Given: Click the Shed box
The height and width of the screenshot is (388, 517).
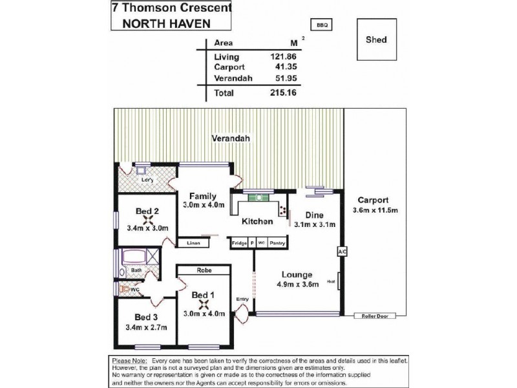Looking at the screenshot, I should click(x=377, y=40).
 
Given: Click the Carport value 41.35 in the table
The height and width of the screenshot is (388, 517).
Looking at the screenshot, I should click(x=285, y=67).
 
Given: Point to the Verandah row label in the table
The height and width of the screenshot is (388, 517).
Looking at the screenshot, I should click(x=233, y=78).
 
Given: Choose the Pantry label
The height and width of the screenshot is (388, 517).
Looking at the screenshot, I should click(x=277, y=242).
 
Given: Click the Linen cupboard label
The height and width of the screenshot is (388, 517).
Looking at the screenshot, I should click(x=194, y=243).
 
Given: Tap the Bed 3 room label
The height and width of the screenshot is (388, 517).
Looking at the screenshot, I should click(x=147, y=318).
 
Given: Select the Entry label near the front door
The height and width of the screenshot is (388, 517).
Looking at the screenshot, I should click(x=242, y=299).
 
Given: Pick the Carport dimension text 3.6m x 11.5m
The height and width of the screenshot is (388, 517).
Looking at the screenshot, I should click(x=376, y=210).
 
